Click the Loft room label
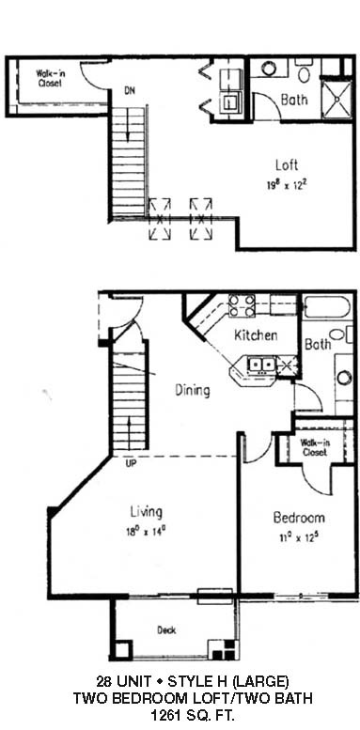point(287,165)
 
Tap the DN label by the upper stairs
point(130,91)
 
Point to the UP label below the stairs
point(131,464)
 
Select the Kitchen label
point(256,334)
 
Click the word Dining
point(193,390)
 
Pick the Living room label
point(147,512)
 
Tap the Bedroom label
point(299,518)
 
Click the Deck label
point(166,630)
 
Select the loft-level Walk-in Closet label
point(49,78)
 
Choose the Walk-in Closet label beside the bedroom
point(315,447)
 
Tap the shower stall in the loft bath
point(337,100)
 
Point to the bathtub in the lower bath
point(326,307)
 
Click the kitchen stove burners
point(242,305)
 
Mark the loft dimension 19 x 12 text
point(288,185)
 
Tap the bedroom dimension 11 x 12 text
point(299,537)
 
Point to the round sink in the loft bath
point(269,69)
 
